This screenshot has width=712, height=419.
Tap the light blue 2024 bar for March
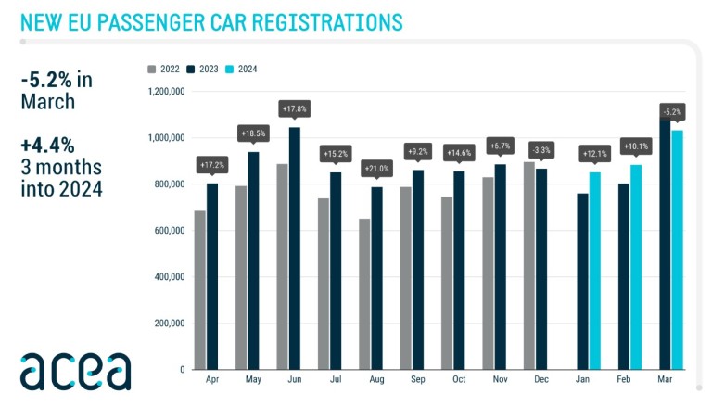click(x=678, y=249)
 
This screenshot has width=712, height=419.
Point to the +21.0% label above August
click(x=376, y=168)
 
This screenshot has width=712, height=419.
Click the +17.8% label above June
click(x=294, y=108)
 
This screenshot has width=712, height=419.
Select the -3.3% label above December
click(x=541, y=149)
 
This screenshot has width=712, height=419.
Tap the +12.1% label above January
click(x=595, y=153)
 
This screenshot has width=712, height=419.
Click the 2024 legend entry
click(x=245, y=69)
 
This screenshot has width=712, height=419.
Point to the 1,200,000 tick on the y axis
click(x=167, y=92)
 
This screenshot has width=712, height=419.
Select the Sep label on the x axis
click(x=418, y=380)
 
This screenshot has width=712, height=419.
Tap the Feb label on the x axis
click(x=624, y=380)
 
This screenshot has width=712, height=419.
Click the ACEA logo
click(x=76, y=370)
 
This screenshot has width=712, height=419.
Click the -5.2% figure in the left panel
click(x=47, y=80)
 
